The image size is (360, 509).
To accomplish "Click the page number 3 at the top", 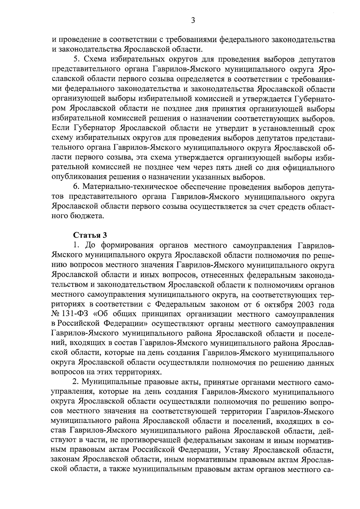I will coord(193,21).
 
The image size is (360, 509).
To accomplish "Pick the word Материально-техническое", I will coord(130,187).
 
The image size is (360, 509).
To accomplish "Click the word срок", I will coord(325,128).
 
